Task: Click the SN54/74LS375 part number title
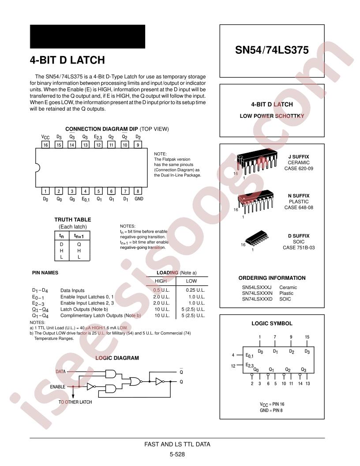272,50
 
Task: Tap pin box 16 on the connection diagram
45,145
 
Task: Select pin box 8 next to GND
138,191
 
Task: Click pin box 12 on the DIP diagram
98,145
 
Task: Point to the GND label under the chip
139,199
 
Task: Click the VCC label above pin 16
45,137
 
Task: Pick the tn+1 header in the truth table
79,236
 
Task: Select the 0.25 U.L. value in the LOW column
195,290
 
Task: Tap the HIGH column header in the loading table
161,281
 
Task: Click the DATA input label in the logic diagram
60,372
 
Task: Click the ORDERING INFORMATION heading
272,278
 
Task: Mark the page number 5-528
177,454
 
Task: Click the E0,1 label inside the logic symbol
249,355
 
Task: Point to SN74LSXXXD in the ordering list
257,299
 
